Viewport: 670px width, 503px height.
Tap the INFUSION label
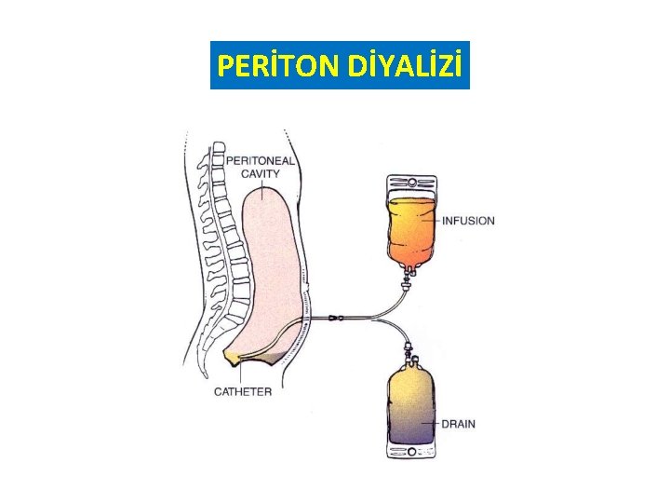point(468,221)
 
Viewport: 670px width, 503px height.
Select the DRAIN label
point(458,424)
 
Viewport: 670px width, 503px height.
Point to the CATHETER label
point(243,391)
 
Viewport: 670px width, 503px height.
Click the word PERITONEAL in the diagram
point(261,160)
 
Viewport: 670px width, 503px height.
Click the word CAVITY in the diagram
point(261,173)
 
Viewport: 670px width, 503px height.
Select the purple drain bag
point(409,410)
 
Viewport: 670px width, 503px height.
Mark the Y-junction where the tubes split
point(371,319)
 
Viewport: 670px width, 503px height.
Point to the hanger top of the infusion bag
point(411,183)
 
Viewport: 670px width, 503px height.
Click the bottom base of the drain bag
point(410,454)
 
